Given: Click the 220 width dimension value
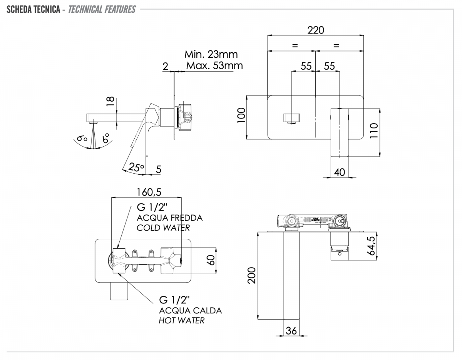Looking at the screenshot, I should [316, 30].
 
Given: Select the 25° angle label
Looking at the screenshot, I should [136, 167].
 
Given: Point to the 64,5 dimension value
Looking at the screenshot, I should [371, 245].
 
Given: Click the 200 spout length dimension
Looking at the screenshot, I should [251, 275].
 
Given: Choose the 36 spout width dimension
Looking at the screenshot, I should [291, 330].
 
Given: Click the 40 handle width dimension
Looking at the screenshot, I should [340, 172].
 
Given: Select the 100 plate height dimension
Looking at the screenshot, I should [241, 115].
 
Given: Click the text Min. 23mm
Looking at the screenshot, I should [211, 54].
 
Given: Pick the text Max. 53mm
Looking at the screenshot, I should [214, 65].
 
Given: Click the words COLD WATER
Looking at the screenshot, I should [163, 228].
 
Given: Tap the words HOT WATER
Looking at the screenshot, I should [182, 320].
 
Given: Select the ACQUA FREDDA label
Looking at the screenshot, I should [170, 218].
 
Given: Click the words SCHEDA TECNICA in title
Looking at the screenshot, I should [33, 9].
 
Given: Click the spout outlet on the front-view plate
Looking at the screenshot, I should [292, 118].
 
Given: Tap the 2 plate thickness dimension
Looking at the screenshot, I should [165, 66].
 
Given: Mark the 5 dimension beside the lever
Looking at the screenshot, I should [159, 168].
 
